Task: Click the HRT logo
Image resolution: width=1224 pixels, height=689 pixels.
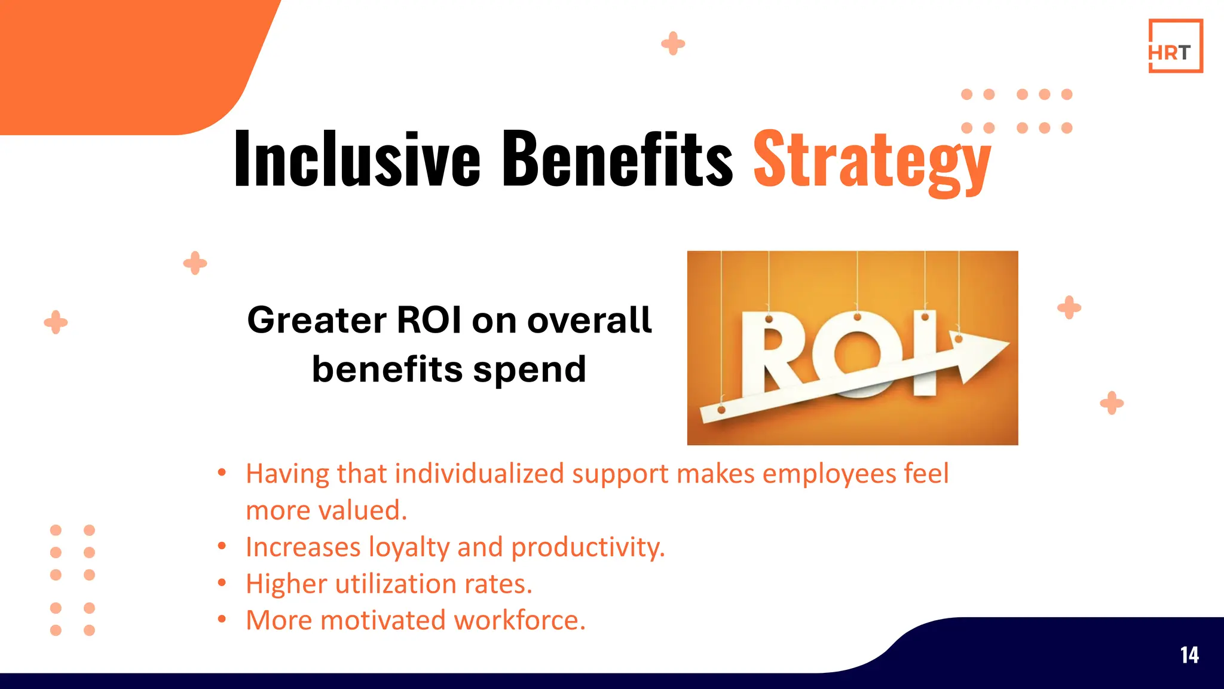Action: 1175,46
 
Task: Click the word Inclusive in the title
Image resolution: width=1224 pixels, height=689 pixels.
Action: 357,159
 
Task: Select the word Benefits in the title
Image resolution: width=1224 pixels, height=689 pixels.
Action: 617,159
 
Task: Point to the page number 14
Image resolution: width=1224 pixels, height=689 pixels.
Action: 1189,655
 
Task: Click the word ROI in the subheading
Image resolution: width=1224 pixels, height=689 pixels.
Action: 429,320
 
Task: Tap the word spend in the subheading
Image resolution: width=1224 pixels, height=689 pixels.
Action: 530,370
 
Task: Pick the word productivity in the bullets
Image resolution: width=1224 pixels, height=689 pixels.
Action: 587,547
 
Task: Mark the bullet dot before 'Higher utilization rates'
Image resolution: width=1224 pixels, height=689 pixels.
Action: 222,583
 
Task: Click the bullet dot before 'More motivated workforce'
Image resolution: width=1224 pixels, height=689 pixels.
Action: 222,619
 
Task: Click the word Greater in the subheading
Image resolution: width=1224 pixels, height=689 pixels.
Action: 317,320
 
